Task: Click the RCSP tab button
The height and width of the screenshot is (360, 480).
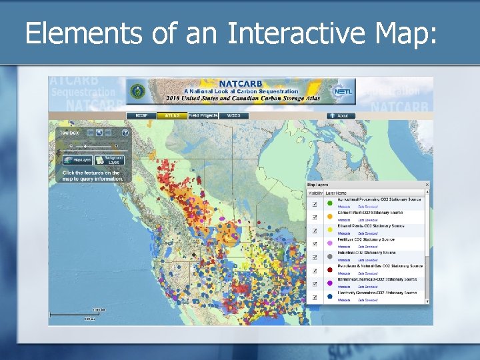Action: coord(141,116)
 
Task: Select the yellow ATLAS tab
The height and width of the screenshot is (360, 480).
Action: coord(172,116)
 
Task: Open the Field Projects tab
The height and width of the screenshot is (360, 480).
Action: coord(203,116)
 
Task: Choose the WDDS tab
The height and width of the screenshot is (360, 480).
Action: coord(233,116)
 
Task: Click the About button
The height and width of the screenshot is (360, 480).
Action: coord(341,116)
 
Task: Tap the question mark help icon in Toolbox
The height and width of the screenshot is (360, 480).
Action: coord(125,133)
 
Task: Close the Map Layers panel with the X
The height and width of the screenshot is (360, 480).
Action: coord(427,185)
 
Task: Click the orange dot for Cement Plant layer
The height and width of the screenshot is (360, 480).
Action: coord(329,217)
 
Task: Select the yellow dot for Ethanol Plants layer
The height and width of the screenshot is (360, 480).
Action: coord(329,230)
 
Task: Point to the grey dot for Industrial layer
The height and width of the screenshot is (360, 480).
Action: coord(329,256)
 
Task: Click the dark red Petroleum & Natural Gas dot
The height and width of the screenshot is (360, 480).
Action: coord(329,269)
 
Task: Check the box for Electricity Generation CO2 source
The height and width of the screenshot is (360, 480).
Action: coord(314,296)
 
